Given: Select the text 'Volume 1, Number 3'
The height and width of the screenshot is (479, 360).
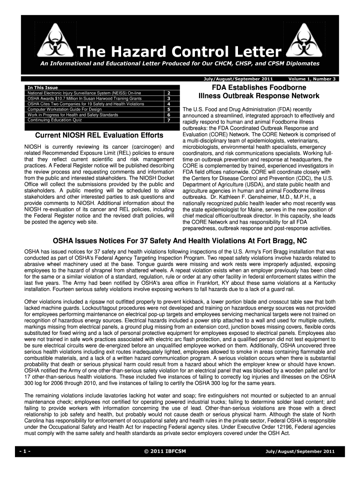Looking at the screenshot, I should (x=312, y=79).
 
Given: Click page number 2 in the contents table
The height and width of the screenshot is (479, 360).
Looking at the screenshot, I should (x=168, y=93).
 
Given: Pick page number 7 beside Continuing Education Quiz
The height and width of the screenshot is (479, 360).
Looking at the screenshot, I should (x=168, y=120).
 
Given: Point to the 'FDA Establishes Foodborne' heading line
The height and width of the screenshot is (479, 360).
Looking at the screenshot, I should (x=259, y=87).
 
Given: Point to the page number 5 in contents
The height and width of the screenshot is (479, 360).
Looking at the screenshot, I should (x=168, y=109).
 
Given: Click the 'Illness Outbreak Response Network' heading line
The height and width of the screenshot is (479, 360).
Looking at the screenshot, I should (x=259, y=96).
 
